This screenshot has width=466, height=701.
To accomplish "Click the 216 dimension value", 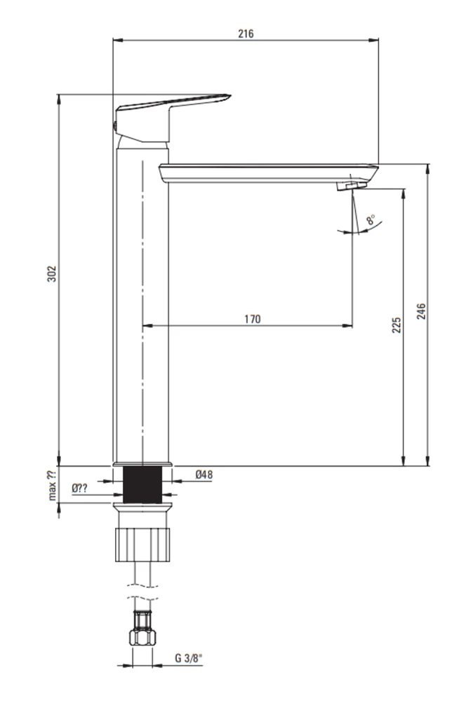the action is [246, 34].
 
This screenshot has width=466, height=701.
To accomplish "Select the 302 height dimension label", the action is [53, 273].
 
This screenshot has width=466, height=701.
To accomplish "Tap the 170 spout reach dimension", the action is [253, 319].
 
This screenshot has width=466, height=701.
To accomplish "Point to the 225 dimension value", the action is [397, 325].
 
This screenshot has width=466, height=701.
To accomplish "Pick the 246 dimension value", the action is [422, 311].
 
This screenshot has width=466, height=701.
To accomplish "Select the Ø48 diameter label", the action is [204, 475].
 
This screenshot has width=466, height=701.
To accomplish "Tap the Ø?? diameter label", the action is [80, 488].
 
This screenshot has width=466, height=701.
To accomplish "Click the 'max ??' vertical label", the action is [53, 485].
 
